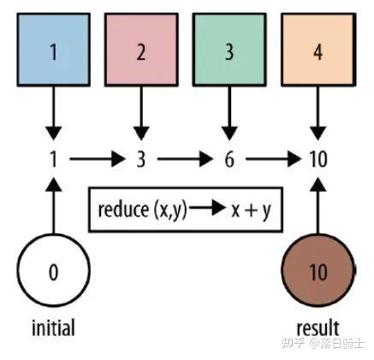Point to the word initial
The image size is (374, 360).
53,328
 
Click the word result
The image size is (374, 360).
318,328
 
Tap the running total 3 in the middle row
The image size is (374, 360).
140,159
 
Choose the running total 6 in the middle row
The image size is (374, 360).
229,159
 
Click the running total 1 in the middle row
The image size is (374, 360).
53,159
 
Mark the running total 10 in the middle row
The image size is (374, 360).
318,159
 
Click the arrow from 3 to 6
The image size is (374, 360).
184,159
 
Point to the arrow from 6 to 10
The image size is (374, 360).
272,159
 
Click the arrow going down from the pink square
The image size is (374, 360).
140,110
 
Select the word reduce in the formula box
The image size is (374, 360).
123,210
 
